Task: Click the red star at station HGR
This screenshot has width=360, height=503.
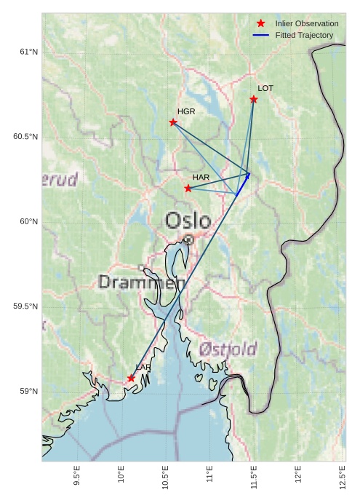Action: coord(173,122)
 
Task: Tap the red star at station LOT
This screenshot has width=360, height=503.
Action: coord(254,99)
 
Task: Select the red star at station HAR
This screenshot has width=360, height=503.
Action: coord(188,189)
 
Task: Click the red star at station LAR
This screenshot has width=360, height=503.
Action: coord(132,379)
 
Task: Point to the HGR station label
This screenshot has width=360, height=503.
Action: coord(186,111)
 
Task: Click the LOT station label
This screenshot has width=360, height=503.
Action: coord(265,88)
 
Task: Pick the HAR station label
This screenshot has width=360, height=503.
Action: coord(201,177)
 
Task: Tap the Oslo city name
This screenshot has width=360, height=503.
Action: coord(188,221)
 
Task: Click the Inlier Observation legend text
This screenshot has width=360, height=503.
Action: coord(306,24)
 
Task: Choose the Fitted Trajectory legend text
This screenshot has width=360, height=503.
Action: coord(304,35)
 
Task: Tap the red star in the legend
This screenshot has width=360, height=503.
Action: coord(261,24)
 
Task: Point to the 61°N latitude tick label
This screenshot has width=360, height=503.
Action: coord(28,52)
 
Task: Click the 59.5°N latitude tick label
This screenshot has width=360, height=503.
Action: coord(25,306)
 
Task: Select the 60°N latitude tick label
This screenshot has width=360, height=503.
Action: coord(28,222)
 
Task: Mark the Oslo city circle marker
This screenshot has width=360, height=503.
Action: coord(188,239)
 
